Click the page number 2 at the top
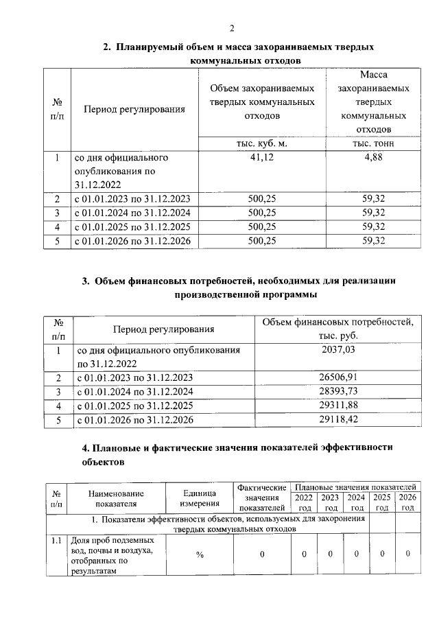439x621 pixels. click(232, 28)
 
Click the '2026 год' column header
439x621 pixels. click(407, 502)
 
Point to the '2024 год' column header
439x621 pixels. click(356, 502)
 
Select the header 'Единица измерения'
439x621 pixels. click(200, 499)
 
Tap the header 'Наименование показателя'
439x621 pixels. click(117, 499)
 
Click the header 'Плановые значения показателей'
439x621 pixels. click(355, 487)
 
